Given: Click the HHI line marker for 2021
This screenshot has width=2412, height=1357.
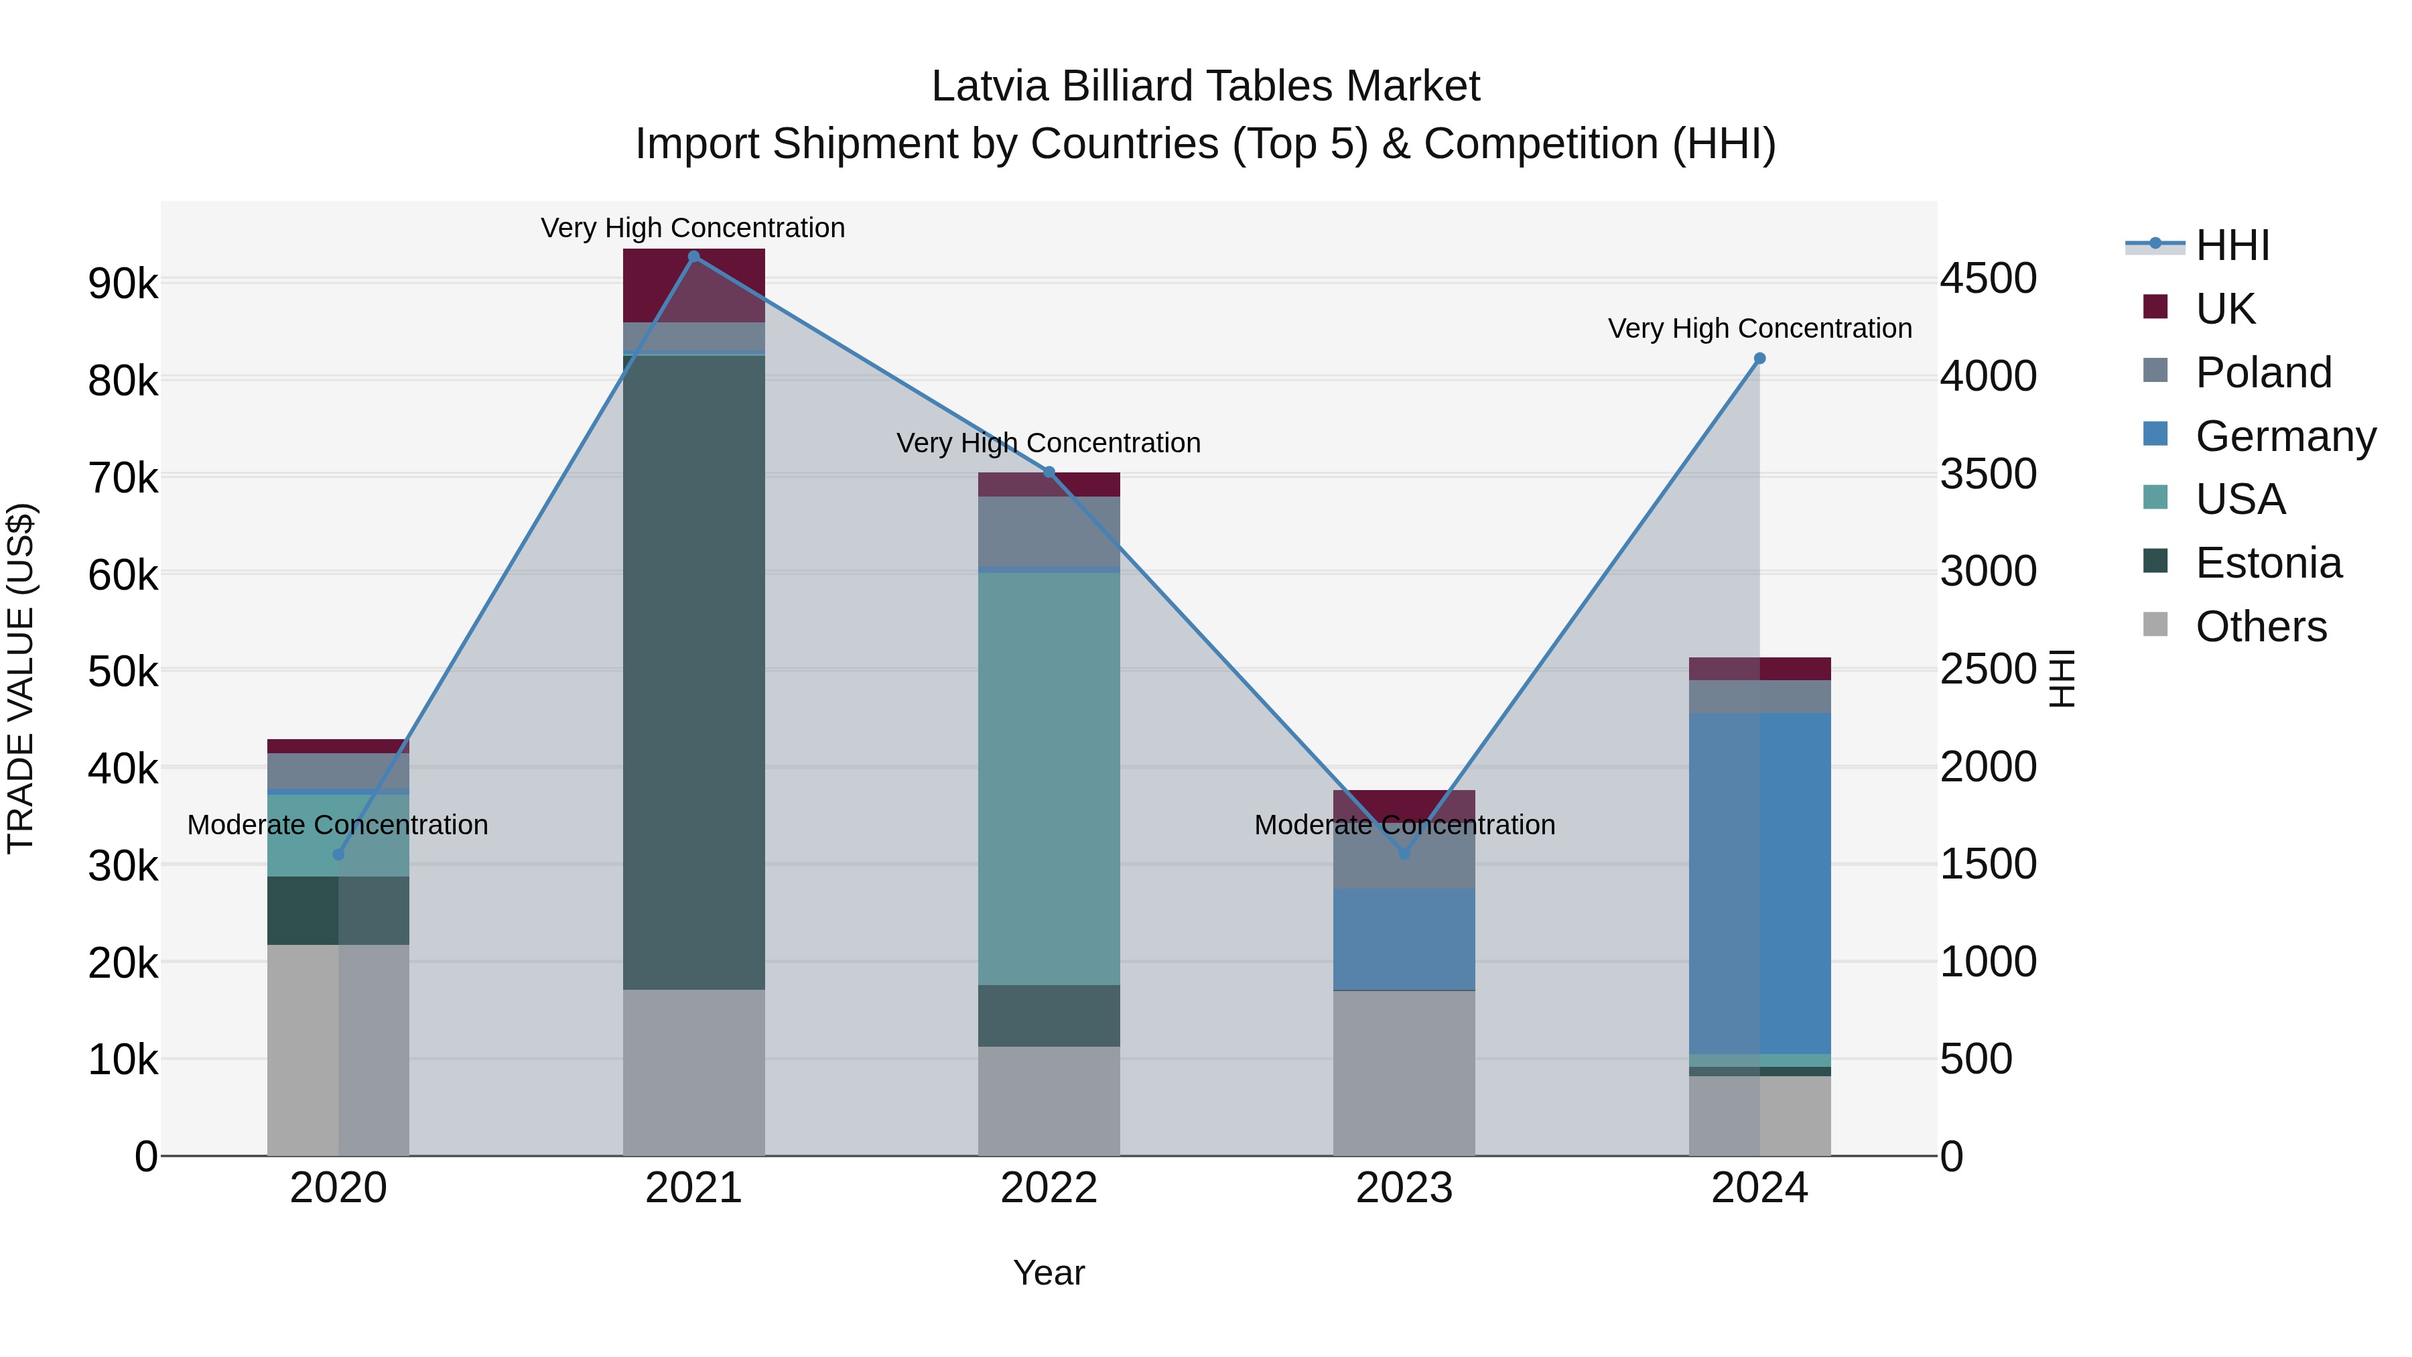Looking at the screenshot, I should [694, 257].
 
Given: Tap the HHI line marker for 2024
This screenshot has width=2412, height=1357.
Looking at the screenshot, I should [1759, 359].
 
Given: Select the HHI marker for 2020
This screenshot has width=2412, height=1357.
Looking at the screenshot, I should [339, 855].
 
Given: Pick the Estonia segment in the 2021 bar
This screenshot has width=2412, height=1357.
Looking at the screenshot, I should [694, 671].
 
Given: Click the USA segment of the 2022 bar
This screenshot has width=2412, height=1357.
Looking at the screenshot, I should [1049, 778].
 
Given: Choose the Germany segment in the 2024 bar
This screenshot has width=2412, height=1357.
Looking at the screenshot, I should [1759, 883].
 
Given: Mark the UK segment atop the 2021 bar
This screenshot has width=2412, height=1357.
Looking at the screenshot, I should [694, 285].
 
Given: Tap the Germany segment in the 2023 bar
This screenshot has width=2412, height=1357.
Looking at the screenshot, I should [1404, 940].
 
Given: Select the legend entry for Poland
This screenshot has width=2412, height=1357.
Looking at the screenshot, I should [2262, 373].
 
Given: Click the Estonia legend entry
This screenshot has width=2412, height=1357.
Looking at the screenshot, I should [2268, 564].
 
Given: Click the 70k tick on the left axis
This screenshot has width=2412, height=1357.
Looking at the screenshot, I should [123, 478].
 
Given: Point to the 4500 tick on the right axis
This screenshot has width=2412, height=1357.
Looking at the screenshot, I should [1988, 279].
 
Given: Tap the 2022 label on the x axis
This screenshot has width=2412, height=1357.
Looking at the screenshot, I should [1049, 1188].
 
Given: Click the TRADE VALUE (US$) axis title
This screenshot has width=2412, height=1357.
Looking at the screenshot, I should [21, 678].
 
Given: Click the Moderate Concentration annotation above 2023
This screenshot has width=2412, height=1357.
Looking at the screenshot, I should [1404, 825].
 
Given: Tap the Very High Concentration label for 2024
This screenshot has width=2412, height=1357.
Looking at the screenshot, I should [1759, 329].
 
